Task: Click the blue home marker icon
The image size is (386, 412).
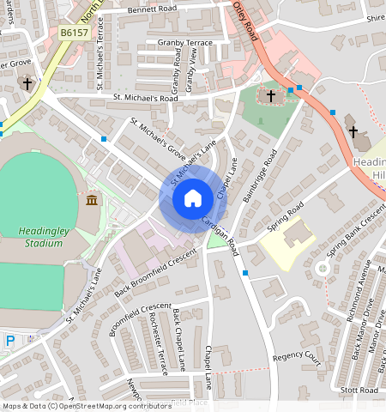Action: point(193,199)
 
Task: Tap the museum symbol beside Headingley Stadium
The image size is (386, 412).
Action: point(92,201)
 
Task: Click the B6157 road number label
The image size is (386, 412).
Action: point(75,33)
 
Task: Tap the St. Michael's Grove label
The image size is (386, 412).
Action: point(159,142)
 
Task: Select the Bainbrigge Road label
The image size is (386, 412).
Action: point(258,176)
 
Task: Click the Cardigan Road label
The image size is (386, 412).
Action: point(221,233)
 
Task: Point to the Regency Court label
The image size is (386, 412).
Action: point(296,356)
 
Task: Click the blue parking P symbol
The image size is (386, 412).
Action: point(10,341)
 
